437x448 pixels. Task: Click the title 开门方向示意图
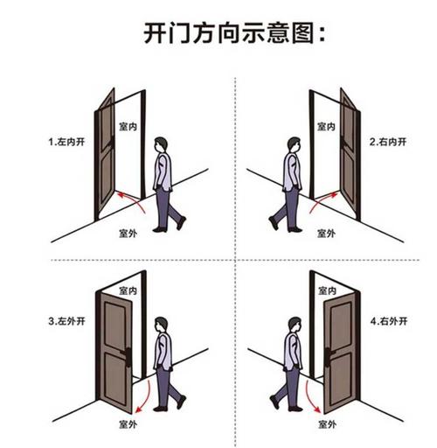click(234, 33)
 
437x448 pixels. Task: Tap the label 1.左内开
click(66, 142)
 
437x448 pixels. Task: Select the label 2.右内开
click(388, 142)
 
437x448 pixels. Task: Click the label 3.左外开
click(66, 321)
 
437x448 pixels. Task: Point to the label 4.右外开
click(389, 321)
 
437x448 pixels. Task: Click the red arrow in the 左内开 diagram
click(135, 199)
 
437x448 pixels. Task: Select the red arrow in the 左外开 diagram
click(148, 399)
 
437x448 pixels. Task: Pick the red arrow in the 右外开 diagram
click(309, 399)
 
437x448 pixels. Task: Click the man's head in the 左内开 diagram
click(161, 144)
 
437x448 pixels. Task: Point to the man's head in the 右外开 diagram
click(295, 325)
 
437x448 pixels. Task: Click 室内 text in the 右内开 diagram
click(326, 127)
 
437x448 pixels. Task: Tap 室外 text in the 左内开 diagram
click(128, 234)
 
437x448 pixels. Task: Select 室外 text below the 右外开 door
click(327, 424)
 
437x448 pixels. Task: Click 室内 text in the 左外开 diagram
click(128, 290)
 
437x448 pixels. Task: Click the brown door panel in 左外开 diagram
click(115, 353)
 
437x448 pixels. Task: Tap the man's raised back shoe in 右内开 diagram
click(274, 223)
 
